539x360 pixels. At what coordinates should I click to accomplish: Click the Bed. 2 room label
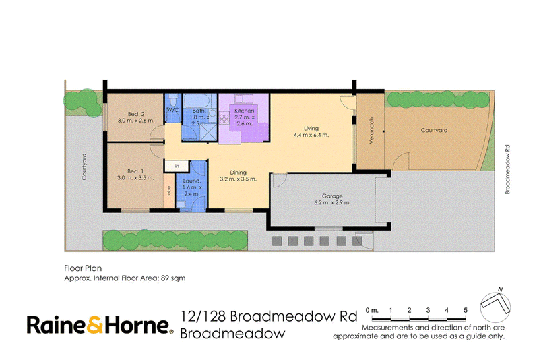[136, 114]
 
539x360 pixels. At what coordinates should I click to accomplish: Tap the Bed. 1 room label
[135, 171]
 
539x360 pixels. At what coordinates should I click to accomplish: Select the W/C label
[173, 110]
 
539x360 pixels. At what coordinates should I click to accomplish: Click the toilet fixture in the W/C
[173, 99]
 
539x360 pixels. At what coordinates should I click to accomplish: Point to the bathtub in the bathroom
[196, 100]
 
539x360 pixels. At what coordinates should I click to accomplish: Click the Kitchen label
[245, 111]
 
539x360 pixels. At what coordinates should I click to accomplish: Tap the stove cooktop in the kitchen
[224, 119]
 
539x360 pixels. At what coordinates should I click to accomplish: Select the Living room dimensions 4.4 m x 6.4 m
[311, 135]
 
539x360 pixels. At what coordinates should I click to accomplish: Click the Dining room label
[239, 173]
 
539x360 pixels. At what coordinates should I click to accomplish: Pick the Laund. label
[192, 181]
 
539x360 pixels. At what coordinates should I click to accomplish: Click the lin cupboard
[177, 166]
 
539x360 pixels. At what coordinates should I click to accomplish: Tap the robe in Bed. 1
[169, 191]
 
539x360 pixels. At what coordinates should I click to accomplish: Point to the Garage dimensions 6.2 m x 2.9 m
[332, 202]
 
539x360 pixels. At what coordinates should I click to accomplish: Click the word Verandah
[371, 130]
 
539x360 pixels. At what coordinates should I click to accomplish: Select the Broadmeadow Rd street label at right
[507, 169]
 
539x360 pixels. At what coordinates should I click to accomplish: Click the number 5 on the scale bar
[466, 310]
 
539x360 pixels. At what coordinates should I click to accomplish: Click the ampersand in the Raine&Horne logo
[94, 324]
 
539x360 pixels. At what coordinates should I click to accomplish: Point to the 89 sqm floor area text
[173, 278]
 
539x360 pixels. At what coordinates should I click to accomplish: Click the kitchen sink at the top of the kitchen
[244, 99]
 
